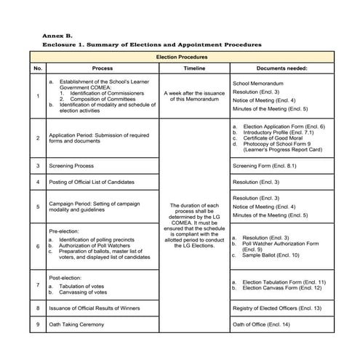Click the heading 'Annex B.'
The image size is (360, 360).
(57, 35)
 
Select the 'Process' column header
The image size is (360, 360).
(103, 68)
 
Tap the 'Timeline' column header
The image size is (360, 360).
(194, 68)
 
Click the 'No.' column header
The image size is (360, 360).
(38, 68)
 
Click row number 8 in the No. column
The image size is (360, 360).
(38, 308)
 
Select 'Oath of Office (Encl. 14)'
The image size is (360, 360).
(261, 324)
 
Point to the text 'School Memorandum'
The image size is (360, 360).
(260, 84)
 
